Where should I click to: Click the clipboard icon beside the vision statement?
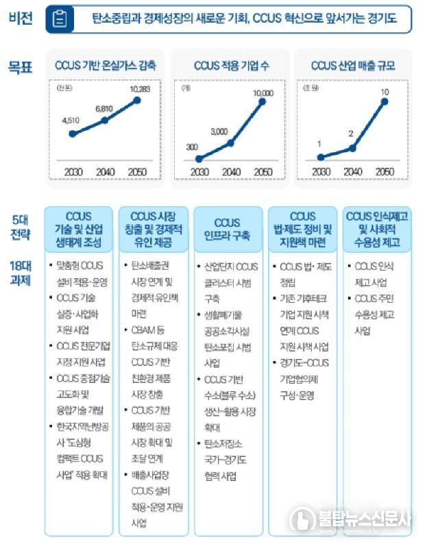click(60, 19)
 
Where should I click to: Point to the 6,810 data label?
click(104, 109)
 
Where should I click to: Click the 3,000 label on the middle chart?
click(219, 131)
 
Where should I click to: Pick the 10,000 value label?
click(263, 92)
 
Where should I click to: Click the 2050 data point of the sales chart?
click(385, 102)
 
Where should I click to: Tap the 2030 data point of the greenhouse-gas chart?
click(72, 134)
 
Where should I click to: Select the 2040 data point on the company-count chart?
click(231, 143)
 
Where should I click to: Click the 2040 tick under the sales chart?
click(352, 171)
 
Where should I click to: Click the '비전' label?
click(21, 18)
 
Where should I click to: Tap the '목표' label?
click(21, 66)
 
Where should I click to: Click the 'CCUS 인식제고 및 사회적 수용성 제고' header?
click(378, 230)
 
